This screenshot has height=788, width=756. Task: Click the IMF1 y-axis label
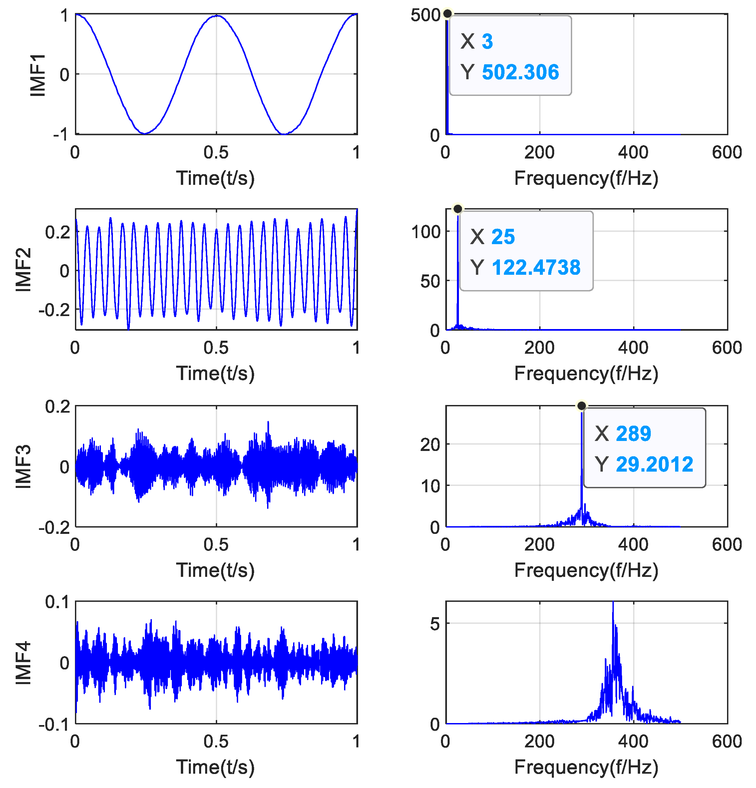pos(38,75)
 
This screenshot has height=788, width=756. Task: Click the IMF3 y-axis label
pos(23,466)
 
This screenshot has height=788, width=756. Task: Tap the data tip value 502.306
pos(520,72)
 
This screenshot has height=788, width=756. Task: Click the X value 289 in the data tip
pos(633,433)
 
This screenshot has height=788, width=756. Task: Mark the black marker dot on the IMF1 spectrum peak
pos(447,14)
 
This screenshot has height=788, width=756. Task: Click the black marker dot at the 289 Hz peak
pos(581,406)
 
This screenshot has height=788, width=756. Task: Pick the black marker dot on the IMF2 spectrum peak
pos(457,209)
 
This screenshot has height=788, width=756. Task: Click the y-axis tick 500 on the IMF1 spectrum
pos(425,15)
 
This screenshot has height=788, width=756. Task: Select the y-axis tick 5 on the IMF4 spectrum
pos(435,624)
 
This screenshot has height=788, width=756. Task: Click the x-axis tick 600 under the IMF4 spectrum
pos(726,741)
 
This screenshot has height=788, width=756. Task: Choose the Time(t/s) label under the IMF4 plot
pos(215,767)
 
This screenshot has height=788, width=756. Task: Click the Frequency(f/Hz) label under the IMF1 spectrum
pos(586,178)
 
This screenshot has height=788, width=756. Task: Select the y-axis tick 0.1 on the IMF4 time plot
pos(57,602)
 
